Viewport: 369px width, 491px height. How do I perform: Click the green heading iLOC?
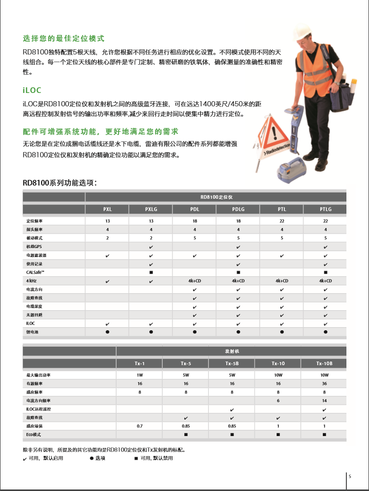point(32,90)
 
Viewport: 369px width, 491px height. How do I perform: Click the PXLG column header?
point(151,209)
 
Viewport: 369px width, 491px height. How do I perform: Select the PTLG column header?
point(325,209)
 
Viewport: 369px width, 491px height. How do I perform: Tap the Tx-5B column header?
point(232,363)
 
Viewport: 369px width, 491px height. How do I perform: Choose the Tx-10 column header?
point(278,363)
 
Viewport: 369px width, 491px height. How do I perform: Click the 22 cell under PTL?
point(282,220)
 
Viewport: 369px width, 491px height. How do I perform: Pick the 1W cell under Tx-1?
point(140,374)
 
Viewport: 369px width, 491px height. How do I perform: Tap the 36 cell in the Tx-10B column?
point(324,383)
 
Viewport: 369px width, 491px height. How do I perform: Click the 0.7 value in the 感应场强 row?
point(140,426)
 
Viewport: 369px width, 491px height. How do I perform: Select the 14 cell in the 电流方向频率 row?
point(324,400)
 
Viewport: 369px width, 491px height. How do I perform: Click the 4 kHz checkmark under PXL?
point(107,281)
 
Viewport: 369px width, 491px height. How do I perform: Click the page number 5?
point(350,476)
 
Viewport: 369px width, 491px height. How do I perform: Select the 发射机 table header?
point(232,352)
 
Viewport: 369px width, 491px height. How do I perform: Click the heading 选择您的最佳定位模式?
point(64,39)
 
